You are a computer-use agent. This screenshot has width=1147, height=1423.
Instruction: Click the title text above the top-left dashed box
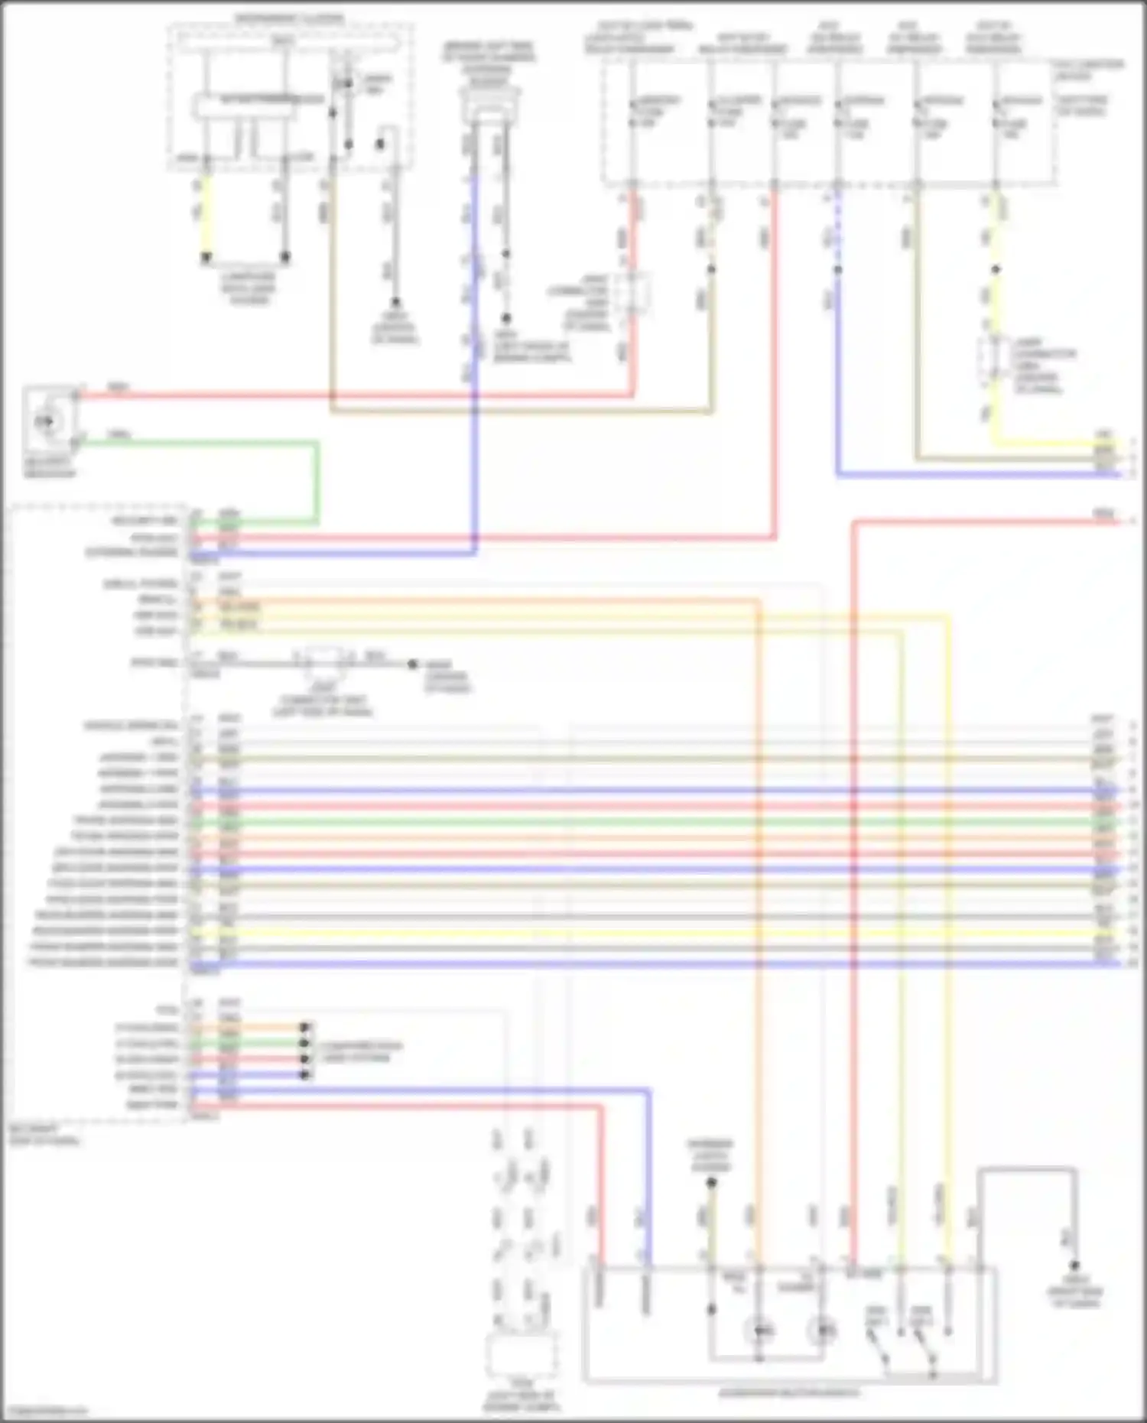(x=289, y=18)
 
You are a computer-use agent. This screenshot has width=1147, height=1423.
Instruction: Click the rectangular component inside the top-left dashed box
(x=244, y=106)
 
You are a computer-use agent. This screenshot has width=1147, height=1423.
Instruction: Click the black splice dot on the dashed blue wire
(x=838, y=270)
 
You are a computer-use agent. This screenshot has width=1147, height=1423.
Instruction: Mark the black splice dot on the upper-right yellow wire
(x=996, y=270)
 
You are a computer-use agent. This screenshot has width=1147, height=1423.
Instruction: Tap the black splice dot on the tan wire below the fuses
(x=711, y=270)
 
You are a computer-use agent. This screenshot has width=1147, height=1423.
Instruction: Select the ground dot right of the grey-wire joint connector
(x=412, y=664)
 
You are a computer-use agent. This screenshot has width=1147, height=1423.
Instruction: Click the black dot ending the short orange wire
(x=304, y=1027)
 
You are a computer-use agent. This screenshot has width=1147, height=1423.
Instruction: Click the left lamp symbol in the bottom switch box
(x=759, y=1331)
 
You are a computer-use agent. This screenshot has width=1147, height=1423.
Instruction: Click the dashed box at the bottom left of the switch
(x=522, y=1356)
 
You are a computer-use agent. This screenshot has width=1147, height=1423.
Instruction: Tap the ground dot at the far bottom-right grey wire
(x=1074, y=1265)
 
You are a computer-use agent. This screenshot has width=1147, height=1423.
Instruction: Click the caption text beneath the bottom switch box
(x=788, y=1392)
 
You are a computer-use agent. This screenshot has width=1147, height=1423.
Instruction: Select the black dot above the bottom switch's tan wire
(x=711, y=1182)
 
